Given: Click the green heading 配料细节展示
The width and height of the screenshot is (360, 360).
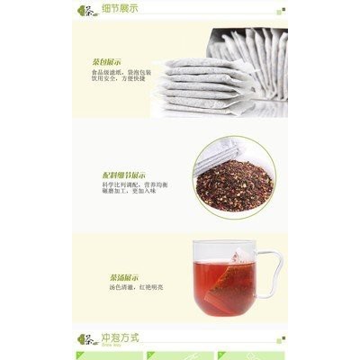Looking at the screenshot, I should (125, 175).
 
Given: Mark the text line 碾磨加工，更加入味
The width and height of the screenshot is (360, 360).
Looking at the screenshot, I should (129, 192).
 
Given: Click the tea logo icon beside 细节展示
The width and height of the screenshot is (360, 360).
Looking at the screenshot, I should (87, 11).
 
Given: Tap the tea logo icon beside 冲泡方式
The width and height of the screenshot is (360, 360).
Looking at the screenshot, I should (87, 338).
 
